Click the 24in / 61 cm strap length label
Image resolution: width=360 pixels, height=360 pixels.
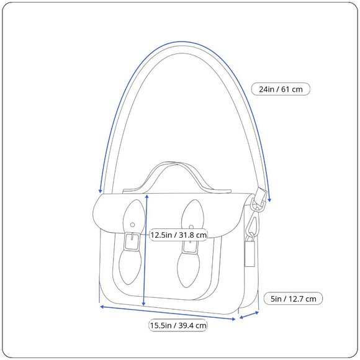coord(281,89)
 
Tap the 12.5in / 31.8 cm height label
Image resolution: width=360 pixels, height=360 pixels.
coord(178,235)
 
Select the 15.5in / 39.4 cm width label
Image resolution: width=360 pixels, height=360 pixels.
coord(178,325)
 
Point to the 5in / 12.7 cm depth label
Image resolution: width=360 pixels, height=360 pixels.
coord(293,299)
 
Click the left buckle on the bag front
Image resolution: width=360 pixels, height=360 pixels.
coord(132,241)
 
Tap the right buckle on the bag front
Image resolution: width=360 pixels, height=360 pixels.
coord(190,247)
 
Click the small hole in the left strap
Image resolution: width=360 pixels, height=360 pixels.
coord(132,225)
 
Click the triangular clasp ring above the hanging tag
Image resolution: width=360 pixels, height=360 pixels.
coord(252,224)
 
